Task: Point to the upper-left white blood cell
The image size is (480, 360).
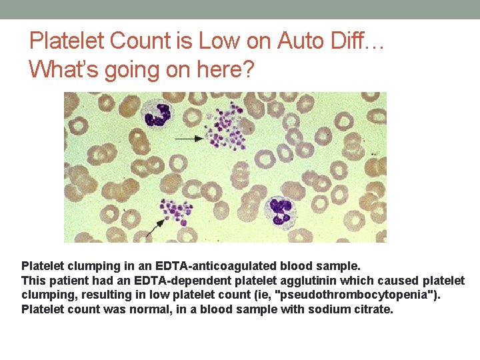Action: click(x=158, y=113)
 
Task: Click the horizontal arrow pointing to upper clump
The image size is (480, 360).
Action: click(x=189, y=138)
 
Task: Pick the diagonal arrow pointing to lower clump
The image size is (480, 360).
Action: click(x=155, y=228)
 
